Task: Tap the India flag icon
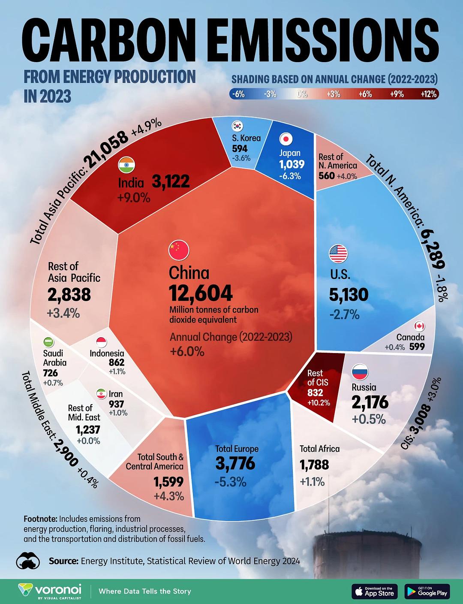(x=127, y=165)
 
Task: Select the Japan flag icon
(x=286, y=139)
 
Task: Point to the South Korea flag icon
(x=238, y=126)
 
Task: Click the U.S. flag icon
(x=338, y=254)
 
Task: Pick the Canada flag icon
(x=420, y=326)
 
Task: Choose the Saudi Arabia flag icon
(x=49, y=342)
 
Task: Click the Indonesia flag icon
(x=102, y=342)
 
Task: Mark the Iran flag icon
(x=101, y=394)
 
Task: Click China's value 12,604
(x=201, y=293)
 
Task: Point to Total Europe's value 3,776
(x=235, y=463)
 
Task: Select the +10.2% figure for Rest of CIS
(x=319, y=403)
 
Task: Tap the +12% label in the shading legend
(x=428, y=94)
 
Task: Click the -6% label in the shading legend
(x=237, y=94)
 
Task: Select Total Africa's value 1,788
(x=314, y=465)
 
